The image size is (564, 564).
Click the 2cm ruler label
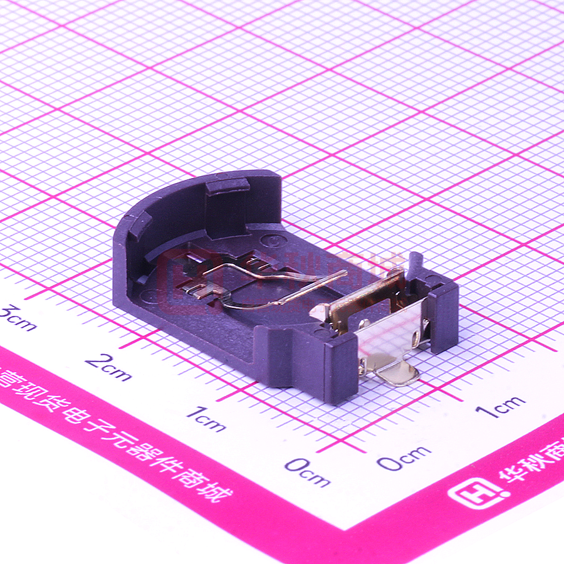click(108, 367)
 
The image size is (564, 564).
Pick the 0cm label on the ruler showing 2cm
click(306, 471)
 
